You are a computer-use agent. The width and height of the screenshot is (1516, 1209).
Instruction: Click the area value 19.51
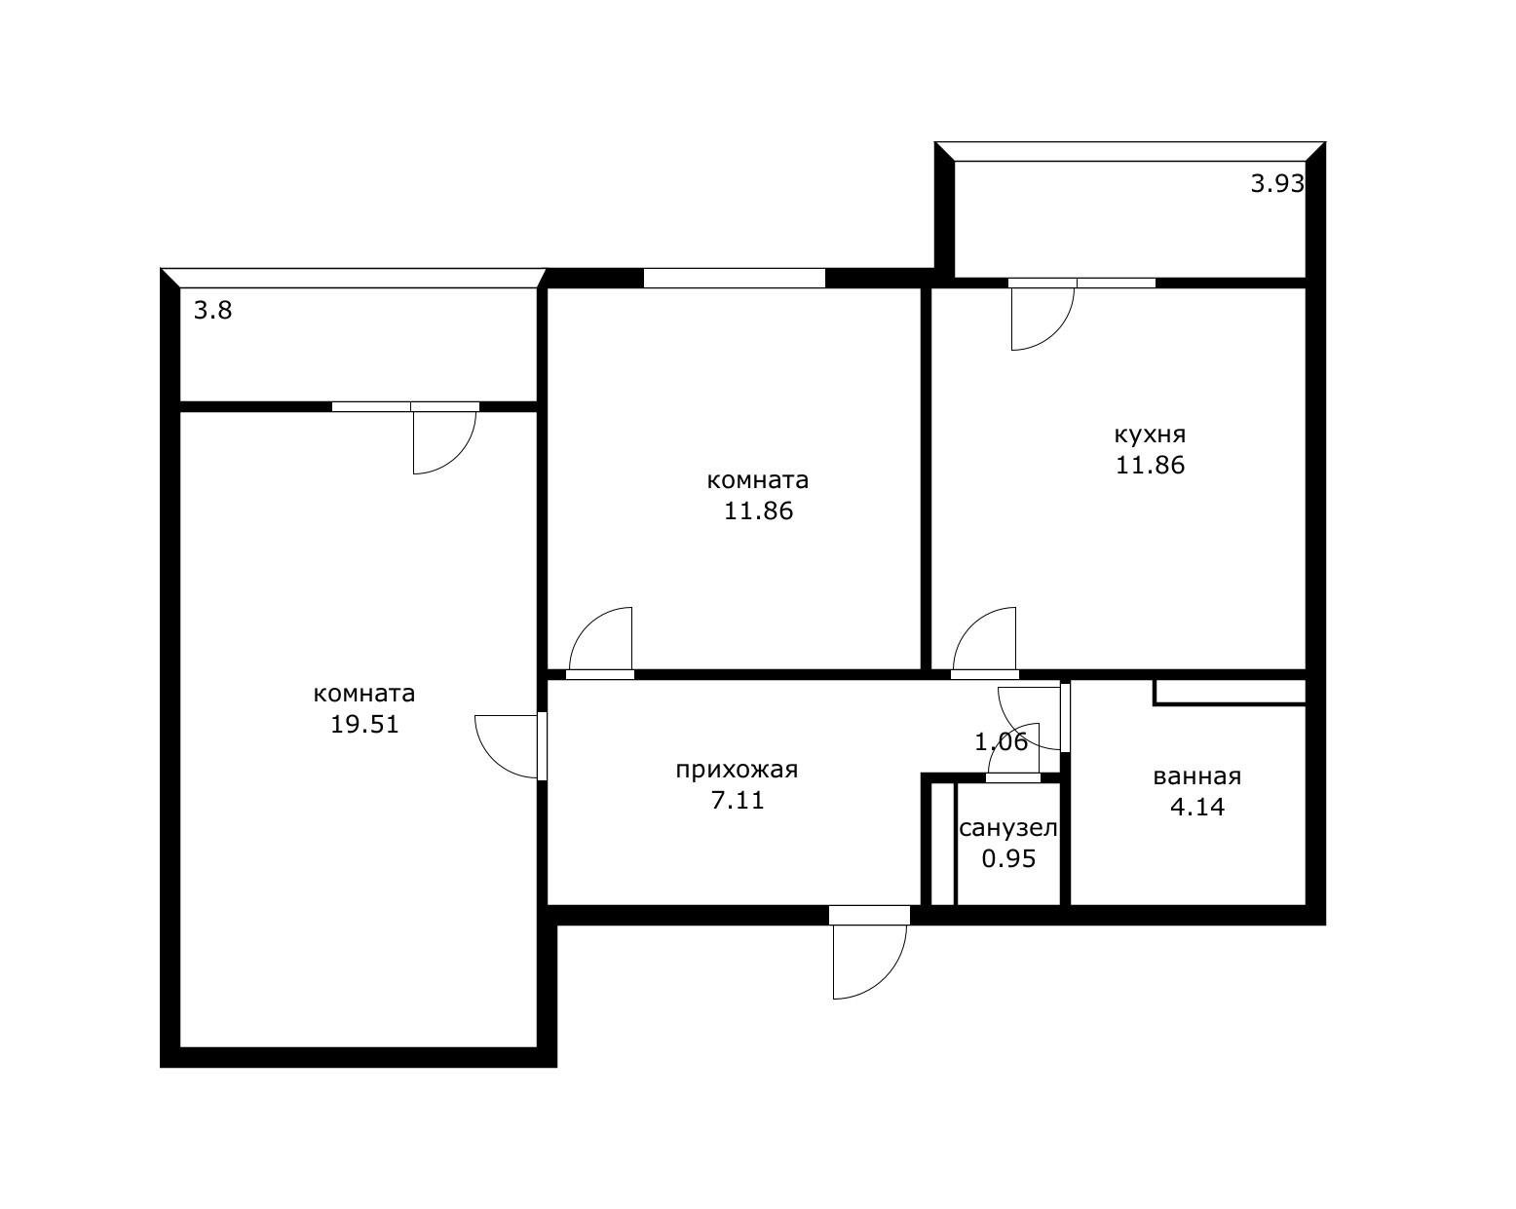click(x=365, y=724)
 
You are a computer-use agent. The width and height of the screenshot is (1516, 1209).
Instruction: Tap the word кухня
click(x=1150, y=434)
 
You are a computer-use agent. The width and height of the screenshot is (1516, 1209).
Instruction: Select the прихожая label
click(x=737, y=770)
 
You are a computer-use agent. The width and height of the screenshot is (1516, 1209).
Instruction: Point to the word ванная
click(x=1196, y=776)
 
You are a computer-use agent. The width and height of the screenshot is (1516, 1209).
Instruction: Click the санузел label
click(x=1008, y=828)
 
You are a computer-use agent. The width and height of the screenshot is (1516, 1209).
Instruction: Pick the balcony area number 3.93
click(x=1277, y=184)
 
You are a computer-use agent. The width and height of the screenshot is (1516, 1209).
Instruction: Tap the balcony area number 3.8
click(x=212, y=310)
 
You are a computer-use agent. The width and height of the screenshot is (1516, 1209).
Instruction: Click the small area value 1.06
click(x=1001, y=741)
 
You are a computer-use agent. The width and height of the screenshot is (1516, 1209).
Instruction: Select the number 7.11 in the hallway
click(x=738, y=801)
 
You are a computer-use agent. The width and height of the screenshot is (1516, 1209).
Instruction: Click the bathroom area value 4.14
click(x=1197, y=807)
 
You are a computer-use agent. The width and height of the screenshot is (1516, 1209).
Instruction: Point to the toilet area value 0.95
click(x=1008, y=859)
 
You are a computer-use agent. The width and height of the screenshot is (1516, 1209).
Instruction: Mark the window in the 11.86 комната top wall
click(x=734, y=279)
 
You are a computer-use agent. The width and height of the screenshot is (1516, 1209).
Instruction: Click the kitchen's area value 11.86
click(x=1150, y=465)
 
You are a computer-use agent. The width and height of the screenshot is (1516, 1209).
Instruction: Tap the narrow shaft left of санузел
click(x=942, y=844)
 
